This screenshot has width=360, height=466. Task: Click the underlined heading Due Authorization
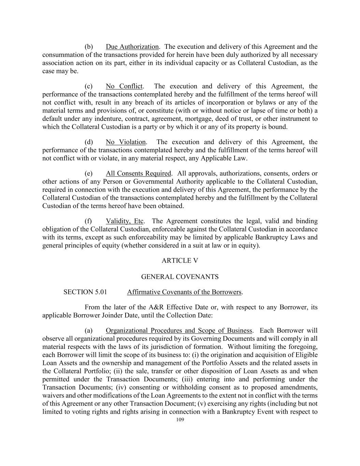coord(132,47)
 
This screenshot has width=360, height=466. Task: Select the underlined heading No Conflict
coord(124,86)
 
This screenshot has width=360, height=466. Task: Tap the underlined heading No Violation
coord(126,142)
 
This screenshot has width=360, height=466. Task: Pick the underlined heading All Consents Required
coord(138,173)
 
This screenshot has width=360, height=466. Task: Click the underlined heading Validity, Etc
coord(125,221)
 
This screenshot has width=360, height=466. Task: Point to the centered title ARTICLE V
coord(180,260)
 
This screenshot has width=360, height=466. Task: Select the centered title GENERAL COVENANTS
coord(180,277)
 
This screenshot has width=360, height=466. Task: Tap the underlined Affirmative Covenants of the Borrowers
coord(184,292)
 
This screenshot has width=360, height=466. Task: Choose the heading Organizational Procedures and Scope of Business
coord(179,330)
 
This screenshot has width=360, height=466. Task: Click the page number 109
coord(180,420)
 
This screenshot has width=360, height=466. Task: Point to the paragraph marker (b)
coord(89,47)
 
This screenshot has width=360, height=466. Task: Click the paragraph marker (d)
coord(89,142)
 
